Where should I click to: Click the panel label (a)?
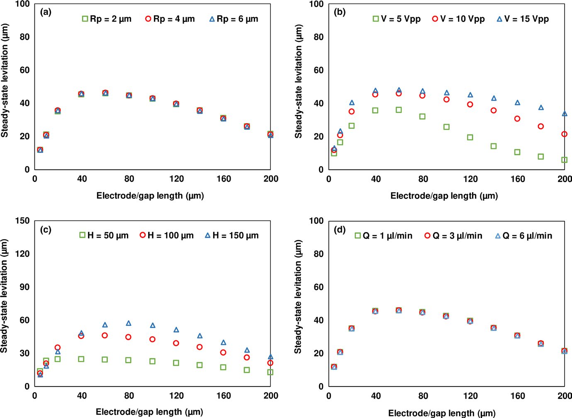[46, 12]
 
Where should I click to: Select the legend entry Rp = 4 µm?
[170, 19]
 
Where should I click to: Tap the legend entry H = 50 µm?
[104, 235]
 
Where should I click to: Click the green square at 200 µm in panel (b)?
[564, 160]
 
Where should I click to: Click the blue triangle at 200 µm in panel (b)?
[564, 113]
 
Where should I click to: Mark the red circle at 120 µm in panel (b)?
[470, 104]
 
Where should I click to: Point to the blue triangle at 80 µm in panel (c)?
[129, 323]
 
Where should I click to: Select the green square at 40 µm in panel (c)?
[81, 359]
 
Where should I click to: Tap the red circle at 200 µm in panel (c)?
[270, 363]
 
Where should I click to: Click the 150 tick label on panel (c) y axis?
[22, 220]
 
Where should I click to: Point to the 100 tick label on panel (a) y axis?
[22, 4]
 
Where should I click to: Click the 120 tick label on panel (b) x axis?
[470, 179]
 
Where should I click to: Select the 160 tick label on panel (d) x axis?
[517, 396]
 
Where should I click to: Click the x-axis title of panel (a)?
[150, 196]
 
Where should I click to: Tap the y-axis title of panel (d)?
[298, 296]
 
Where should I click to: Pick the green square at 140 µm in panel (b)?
[494, 146]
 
